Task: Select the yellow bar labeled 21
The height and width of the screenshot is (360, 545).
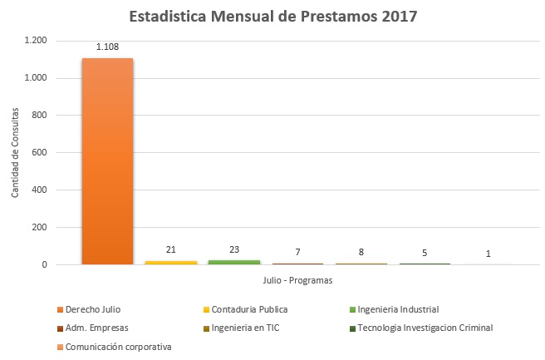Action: (170, 262)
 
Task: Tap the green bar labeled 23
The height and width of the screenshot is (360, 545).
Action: (234, 262)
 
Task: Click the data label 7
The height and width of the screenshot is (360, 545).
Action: (298, 252)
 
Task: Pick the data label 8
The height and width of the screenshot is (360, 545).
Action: (361, 252)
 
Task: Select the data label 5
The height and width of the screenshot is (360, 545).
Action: (425, 252)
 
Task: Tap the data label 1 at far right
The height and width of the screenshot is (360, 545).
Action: (489, 254)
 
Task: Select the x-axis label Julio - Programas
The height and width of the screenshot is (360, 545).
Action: (297, 281)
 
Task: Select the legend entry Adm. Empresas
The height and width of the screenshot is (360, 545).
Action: (97, 328)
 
